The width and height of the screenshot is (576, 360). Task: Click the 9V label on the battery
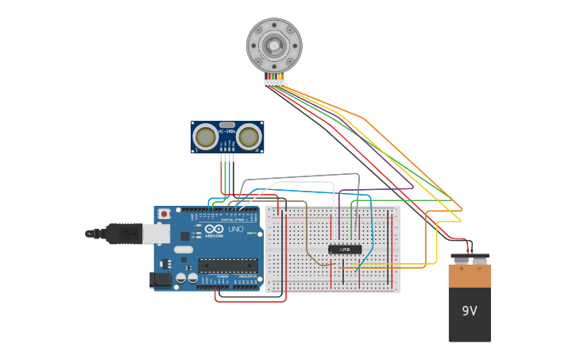tap(470, 311)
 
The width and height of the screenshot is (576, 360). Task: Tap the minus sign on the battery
tap(479, 269)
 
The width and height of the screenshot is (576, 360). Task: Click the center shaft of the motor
tap(274, 45)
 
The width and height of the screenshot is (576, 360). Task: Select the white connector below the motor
tap(274, 82)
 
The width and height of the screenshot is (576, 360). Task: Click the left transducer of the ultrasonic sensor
tap(206, 137)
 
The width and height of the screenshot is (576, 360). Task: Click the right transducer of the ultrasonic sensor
tap(249, 137)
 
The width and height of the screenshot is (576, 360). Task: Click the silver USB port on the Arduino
tap(156, 233)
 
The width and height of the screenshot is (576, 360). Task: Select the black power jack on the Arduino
tap(160, 279)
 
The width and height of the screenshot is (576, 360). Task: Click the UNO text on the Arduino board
tap(236, 229)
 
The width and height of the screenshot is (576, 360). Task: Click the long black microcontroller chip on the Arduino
tap(227, 265)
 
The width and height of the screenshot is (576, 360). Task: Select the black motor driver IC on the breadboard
tap(345, 250)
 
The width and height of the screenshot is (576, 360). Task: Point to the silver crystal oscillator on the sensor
tap(227, 125)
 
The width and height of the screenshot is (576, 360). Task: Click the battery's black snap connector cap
tap(470, 259)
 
